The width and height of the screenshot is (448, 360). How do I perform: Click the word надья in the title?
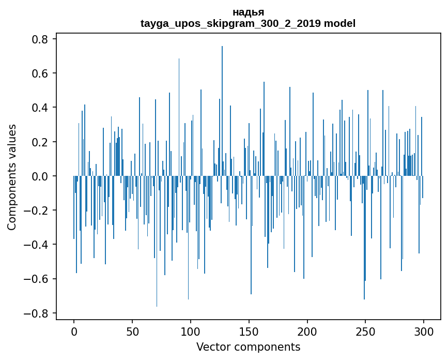(x=248, y=12)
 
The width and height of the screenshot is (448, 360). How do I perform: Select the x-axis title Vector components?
(x=248, y=347)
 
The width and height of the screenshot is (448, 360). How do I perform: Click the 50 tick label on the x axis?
(x=132, y=331)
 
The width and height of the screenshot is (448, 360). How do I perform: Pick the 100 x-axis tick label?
(x=191, y=331)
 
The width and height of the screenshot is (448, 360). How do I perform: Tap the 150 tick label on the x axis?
(x=249, y=331)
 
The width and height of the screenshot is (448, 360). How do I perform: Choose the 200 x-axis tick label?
(x=307, y=331)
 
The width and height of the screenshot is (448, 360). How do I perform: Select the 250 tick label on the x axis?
(x=366, y=331)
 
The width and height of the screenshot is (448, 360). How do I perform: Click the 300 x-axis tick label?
(x=424, y=331)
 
